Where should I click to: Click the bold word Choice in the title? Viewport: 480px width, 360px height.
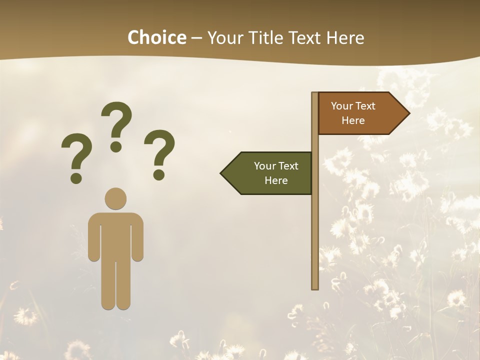point(156,37)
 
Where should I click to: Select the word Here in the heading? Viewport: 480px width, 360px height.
point(345,37)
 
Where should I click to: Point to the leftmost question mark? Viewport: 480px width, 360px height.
point(76,155)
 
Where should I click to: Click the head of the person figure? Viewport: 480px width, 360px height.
point(115,198)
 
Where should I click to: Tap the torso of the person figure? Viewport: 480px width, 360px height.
point(115,235)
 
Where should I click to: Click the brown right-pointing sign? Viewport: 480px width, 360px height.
point(357,113)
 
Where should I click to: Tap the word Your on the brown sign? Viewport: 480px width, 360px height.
point(342,106)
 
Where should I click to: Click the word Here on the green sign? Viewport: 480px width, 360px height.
point(276,180)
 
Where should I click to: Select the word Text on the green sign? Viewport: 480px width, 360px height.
point(288,166)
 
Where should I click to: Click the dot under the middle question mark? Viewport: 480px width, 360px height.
point(116,146)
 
